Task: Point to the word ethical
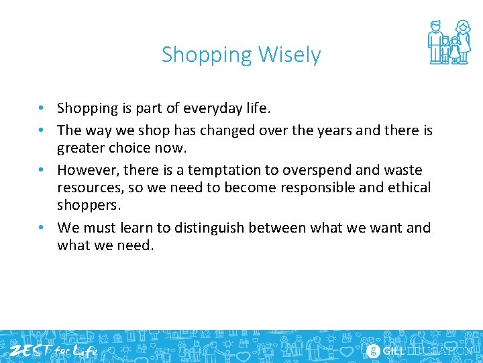(407, 188)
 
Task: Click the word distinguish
(209, 228)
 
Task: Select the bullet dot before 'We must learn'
(42, 228)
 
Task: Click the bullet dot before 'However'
(42, 170)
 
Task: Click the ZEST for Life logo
(53, 350)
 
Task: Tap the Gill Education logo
(419, 350)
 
